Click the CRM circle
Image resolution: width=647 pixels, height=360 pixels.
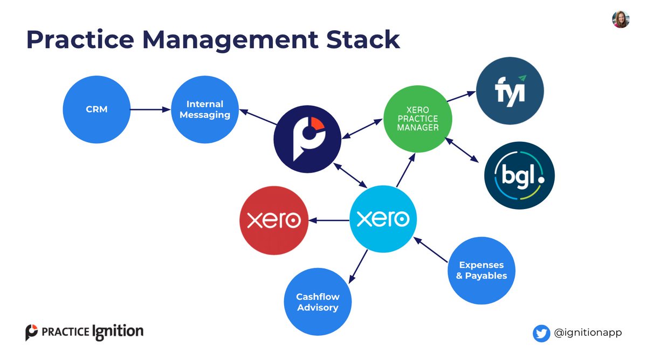coord(98,109)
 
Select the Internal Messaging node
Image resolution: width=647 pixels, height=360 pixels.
coord(205,109)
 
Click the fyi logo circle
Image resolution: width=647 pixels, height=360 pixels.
coord(510,91)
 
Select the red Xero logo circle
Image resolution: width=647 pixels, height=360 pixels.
coord(274,220)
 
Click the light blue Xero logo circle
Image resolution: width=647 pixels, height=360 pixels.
coord(383,219)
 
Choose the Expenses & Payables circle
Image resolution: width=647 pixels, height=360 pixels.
coord(481,270)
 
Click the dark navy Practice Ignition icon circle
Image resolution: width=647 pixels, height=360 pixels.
coord(307,139)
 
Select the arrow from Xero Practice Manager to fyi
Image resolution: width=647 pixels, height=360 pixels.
coord(460,96)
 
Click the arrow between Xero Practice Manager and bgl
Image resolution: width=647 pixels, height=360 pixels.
coord(462,150)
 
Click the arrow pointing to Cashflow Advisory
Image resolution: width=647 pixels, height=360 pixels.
coord(359,266)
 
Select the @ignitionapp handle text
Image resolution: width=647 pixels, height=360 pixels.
coord(588,333)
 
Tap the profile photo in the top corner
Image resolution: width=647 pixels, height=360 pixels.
coord(620,19)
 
